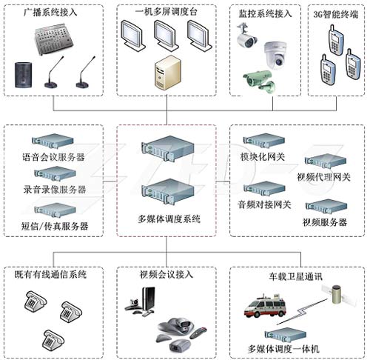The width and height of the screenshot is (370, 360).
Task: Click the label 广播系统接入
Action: (50, 12)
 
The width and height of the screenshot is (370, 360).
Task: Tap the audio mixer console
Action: (54, 39)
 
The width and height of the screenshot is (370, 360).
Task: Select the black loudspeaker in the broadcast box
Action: (24, 75)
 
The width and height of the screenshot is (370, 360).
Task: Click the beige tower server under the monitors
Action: (168, 72)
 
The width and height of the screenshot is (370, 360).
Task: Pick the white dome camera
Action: (275, 56)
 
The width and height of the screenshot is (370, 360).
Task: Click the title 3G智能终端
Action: (336, 14)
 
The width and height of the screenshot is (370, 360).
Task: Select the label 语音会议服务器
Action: (53, 157)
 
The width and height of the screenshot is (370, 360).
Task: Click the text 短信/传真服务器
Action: (55, 226)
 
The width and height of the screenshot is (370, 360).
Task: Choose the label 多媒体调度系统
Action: (169, 219)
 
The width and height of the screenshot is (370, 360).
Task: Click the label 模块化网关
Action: (263, 156)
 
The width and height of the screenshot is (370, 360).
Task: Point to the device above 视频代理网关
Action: (326, 161)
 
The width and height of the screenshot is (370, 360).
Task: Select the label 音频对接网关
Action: (264, 204)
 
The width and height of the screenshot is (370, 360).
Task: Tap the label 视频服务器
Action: (325, 222)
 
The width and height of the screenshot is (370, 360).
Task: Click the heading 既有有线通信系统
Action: (50, 274)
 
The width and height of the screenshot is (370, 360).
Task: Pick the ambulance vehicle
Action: (265, 306)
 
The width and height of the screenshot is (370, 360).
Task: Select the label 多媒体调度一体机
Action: (283, 349)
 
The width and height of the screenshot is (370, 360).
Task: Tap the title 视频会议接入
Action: (166, 274)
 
